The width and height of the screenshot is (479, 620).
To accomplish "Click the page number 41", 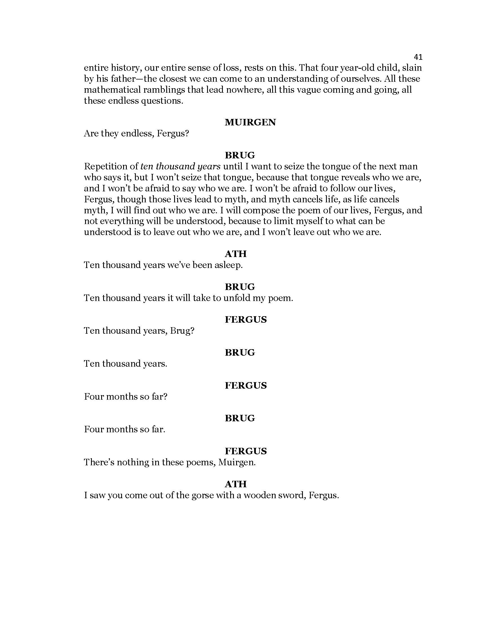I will tap(418, 57).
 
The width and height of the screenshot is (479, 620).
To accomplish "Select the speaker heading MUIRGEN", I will tap(250, 122).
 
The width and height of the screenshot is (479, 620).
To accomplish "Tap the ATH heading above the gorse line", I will tap(236, 484).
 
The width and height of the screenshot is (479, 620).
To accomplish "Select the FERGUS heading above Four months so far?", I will tap(246, 386).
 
